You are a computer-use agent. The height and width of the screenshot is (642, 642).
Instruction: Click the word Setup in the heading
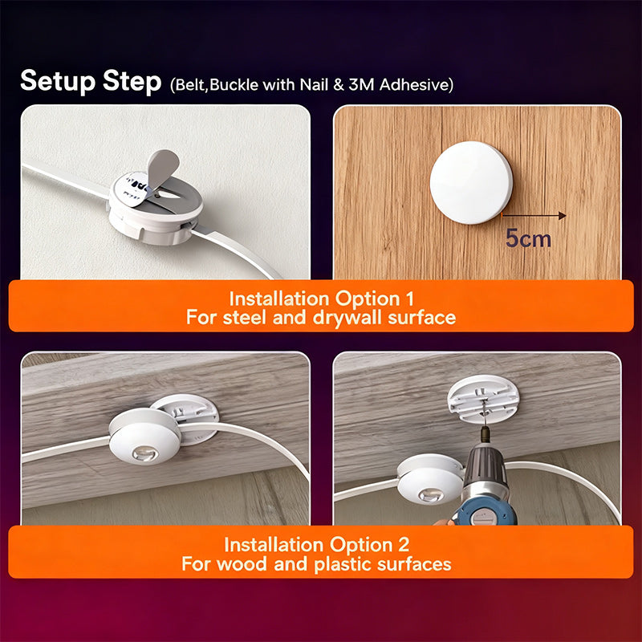(58, 81)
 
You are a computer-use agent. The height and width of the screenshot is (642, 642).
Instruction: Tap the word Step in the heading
(132, 82)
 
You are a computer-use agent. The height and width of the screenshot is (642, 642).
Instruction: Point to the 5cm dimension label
(528, 238)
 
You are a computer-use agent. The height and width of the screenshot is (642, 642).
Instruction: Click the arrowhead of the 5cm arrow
(563, 216)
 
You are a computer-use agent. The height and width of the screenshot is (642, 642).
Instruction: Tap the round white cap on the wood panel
(471, 183)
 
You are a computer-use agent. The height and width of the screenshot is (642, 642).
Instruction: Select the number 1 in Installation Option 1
(410, 299)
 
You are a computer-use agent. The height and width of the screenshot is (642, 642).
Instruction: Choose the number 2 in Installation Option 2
(404, 545)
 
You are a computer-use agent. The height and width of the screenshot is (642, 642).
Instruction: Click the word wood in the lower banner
(242, 564)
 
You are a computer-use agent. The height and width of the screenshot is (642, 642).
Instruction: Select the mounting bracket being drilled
(483, 398)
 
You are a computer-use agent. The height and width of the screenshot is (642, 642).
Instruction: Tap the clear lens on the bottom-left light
(145, 453)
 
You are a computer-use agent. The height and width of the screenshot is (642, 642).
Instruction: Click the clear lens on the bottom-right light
(431, 496)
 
